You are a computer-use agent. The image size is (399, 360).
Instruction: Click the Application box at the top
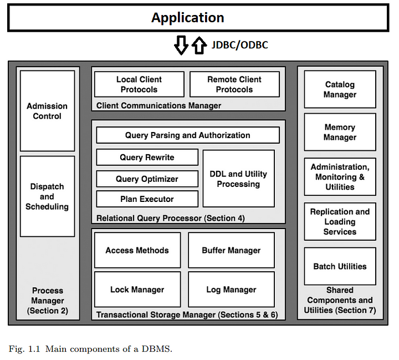198,18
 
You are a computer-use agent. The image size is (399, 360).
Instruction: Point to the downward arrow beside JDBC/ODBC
181,45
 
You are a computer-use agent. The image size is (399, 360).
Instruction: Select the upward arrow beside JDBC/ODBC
199,45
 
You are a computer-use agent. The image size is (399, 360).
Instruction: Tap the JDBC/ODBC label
240,45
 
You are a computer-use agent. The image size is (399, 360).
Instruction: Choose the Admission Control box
47,111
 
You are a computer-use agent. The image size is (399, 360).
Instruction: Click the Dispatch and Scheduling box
47,196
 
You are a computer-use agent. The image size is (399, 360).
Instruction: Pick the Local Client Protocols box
139,84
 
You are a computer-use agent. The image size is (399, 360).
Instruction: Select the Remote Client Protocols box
234,84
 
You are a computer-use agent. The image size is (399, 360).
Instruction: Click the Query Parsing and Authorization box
188,135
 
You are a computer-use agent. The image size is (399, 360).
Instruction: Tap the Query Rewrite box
147,157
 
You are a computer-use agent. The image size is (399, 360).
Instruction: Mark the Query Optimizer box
147,179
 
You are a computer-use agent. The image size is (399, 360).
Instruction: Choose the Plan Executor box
147,199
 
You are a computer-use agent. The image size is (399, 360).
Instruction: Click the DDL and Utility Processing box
238,179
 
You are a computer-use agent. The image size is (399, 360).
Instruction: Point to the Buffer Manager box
231,250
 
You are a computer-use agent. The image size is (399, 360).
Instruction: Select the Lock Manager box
137,290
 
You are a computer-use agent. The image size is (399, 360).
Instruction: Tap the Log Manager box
231,290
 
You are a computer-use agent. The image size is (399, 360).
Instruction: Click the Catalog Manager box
340,89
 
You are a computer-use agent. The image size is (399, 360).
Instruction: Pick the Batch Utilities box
340,266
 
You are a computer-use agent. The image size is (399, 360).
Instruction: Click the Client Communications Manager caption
158,105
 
